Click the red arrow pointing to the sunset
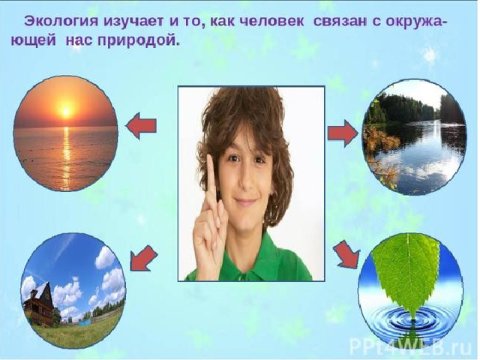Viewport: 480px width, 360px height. click(141, 126)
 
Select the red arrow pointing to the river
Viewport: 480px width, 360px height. click(342, 133)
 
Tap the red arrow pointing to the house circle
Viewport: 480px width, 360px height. click(143, 258)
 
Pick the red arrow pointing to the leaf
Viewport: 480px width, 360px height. click(346, 254)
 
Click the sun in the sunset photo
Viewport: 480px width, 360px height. click(65, 112)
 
